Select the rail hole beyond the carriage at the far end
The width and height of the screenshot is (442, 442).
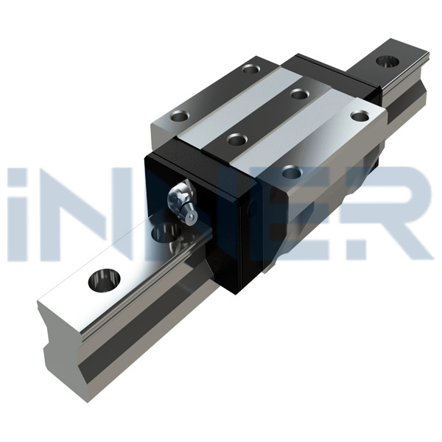tap(387, 60)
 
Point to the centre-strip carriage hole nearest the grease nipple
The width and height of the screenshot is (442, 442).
tap(236, 139)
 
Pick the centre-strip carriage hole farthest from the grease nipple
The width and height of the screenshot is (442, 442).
tap(298, 94)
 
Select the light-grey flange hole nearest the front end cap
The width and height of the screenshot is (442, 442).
tap(292, 173)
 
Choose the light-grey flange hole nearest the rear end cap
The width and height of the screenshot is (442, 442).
tap(359, 116)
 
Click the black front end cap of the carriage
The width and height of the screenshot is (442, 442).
tap(221, 221)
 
